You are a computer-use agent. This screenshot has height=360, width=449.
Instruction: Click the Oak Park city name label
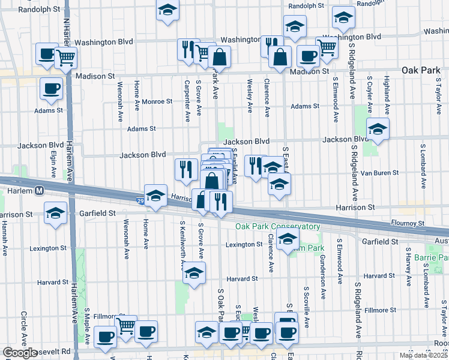coord(421,70)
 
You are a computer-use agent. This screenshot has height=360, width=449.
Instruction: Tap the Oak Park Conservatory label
coord(277,227)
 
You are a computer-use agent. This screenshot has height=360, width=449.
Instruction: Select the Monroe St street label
coord(157,101)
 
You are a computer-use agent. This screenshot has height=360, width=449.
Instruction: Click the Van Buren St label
coord(379,173)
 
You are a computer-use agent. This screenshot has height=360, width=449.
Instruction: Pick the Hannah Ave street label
coord(5,236)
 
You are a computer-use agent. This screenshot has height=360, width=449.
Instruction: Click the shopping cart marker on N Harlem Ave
coord(66,58)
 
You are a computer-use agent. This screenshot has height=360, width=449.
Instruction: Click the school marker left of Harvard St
coord(194,272)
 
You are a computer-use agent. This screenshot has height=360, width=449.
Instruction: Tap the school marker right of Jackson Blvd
coord(378,128)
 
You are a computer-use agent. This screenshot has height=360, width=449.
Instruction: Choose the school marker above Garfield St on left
coord(56,212)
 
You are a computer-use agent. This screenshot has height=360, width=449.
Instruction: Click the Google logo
coord(20,353)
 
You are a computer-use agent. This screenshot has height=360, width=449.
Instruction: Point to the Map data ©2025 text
coord(423,355)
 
